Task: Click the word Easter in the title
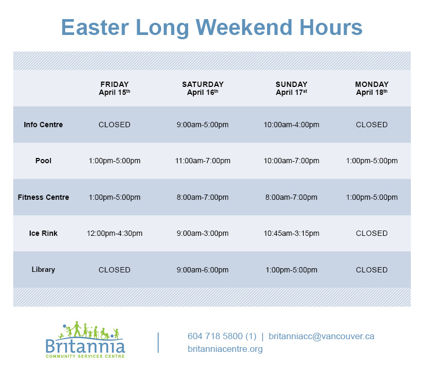[95, 28]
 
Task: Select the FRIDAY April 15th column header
[114, 89]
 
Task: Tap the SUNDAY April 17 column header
[291, 89]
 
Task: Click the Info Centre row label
[43, 125]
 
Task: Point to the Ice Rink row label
[43, 233]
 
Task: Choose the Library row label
[43, 270]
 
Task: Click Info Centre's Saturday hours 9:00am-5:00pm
[202, 125]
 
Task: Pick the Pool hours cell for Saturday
[202, 161]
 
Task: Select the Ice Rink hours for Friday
[114, 233]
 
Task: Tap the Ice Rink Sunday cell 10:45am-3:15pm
[291, 233]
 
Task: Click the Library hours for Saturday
[202, 270]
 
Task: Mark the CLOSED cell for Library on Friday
[114, 270]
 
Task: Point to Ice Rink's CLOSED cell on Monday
[372, 233]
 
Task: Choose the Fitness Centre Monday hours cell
[372, 197]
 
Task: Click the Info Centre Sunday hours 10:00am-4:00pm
[291, 125]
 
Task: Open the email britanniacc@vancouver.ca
[322, 336]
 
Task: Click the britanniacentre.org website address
[225, 349]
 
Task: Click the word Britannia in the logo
[85, 346]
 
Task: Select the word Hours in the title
[331, 28]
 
